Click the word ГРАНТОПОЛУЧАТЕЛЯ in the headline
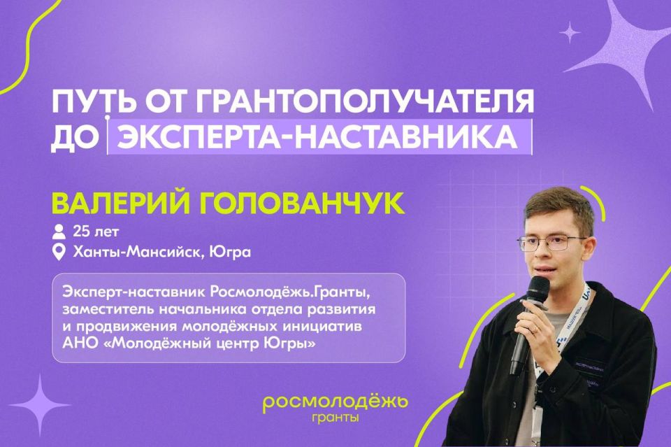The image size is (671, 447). pos(363,103)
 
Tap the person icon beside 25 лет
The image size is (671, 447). pos(59,231)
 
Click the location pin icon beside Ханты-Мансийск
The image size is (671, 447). pos(59,252)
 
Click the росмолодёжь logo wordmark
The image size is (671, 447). pos(335,404)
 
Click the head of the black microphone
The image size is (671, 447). pos(538,290)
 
